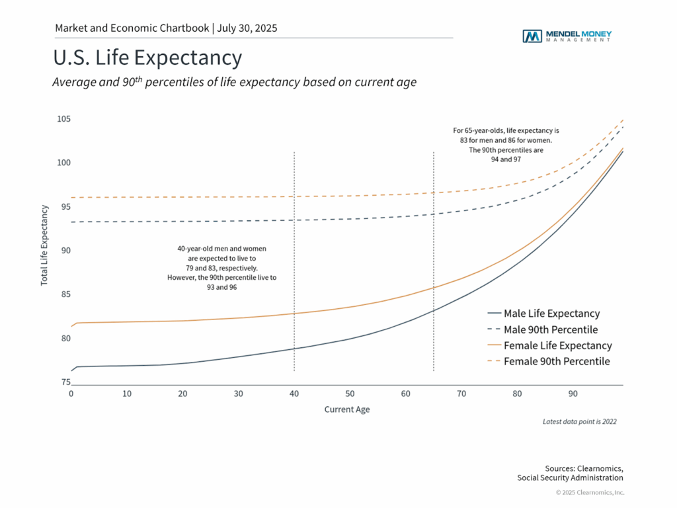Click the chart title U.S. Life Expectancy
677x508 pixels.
(147, 58)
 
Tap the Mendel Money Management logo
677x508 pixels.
(567, 36)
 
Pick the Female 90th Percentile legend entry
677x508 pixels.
(556, 361)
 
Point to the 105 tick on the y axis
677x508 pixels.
(63, 119)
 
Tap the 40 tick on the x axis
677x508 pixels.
(294, 394)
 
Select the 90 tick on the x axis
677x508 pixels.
(573, 394)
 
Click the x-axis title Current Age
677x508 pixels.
(347, 409)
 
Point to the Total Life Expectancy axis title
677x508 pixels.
(44, 245)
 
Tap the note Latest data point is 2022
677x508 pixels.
(579, 421)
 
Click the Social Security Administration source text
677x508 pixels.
(570, 478)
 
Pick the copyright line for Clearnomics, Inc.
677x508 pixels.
(590, 492)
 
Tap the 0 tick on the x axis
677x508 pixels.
(71, 394)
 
